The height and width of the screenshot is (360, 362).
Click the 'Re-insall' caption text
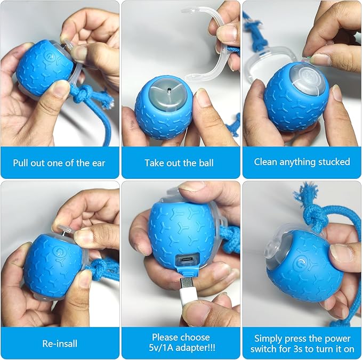point(59,343)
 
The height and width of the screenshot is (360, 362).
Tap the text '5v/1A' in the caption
point(166,348)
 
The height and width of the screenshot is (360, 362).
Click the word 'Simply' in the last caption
point(269,338)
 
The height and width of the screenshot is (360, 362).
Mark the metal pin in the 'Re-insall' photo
point(66,231)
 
